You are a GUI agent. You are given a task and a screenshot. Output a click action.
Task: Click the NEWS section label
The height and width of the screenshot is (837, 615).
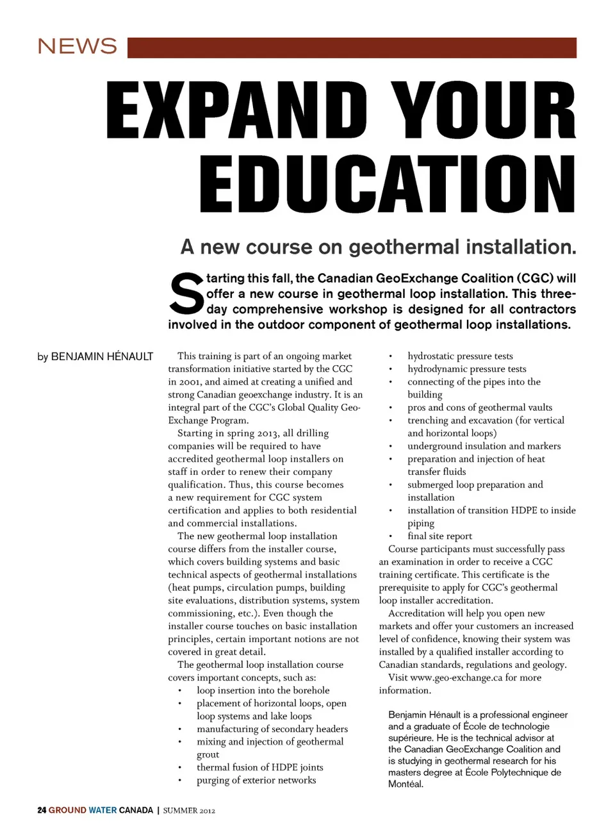pos(77,46)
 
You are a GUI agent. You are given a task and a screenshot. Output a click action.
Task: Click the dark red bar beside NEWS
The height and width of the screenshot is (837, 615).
pos(352,47)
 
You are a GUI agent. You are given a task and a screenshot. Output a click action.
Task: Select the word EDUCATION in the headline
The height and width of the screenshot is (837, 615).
pos(388,185)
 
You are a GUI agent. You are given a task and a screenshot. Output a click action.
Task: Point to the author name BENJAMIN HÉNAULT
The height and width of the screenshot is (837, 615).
pos(102,356)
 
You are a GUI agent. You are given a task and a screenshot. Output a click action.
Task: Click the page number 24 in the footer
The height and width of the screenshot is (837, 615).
pos(42,810)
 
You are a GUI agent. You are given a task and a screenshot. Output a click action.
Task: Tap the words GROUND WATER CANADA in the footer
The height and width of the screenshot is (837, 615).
pos(101,810)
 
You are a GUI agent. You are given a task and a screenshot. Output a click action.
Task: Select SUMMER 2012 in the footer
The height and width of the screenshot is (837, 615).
pos(189,811)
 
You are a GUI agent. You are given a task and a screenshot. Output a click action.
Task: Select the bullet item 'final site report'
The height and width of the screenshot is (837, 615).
pos(439,536)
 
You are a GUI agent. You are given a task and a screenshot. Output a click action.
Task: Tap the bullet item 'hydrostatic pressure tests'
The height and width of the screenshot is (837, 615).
pos(460,356)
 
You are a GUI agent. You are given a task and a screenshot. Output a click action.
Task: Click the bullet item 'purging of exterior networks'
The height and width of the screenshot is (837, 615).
pos(256,780)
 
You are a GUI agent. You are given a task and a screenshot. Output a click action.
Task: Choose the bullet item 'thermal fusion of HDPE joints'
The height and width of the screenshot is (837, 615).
pos(259,767)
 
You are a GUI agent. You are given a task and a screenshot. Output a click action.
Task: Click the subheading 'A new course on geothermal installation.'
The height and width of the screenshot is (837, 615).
pos(378,247)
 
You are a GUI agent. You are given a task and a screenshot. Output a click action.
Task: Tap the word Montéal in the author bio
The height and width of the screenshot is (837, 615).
pos(406,784)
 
